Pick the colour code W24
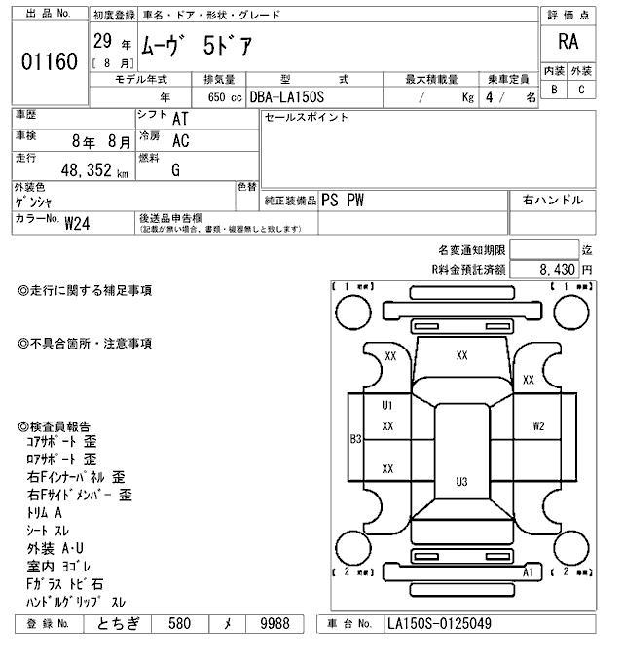pos(77,222)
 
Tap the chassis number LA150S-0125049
pos(439,623)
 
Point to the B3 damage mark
pos(355,439)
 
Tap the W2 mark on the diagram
pos(538,425)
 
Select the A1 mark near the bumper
pos(529,573)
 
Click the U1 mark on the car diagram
pos(386,405)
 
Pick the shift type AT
pos(180,118)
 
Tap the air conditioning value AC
pos(180,140)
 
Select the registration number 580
pos(179,623)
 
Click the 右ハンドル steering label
pos(552,200)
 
